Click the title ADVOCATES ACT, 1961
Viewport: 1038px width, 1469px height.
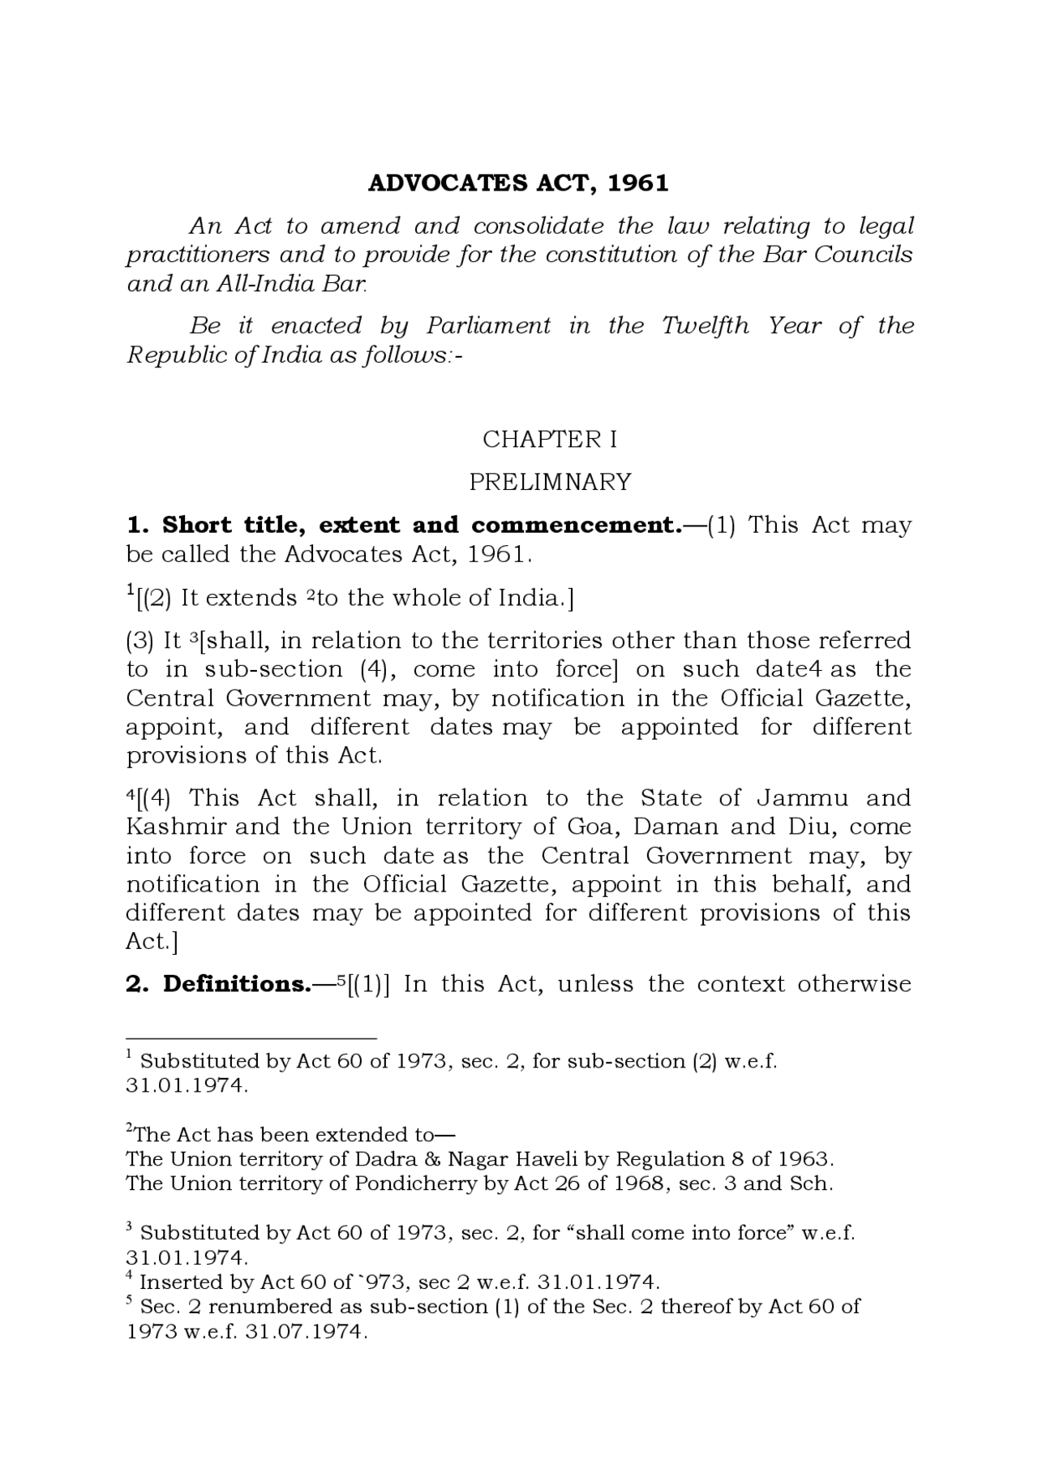click(518, 183)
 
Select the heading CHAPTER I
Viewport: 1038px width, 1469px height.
click(550, 439)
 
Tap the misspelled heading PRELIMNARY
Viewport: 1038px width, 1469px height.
click(550, 482)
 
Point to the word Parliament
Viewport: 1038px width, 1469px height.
click(488, 326)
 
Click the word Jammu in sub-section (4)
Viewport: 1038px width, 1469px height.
click(802, 798)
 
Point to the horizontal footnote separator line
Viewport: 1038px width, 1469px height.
click(251, 1038)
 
